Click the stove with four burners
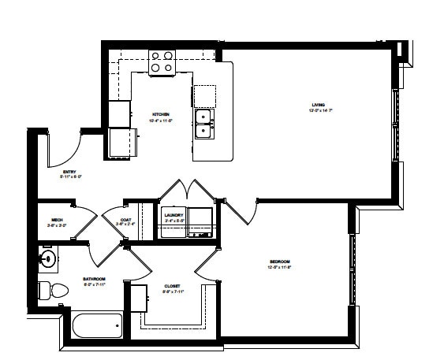coord(162,61)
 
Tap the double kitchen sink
coord(203,124)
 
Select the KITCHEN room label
coord(161,114)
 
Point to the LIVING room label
coord(318,104)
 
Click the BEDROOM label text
coord(279,262)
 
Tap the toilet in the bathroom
coord(47,290)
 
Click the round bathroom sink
coord(48,257)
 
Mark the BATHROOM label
coord(94,279)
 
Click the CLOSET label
coord(172,286)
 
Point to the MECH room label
coord(57,220)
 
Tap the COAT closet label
coord(125,220)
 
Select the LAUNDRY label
coord(173,215)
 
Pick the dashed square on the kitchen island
coord(204,96)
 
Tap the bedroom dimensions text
coord(279,268)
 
